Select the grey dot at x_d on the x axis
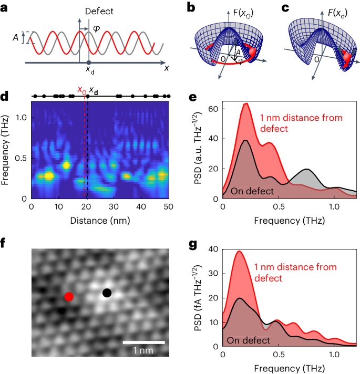coord(88,63)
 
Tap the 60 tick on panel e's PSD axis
coord(214,109)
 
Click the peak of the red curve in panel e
coord(245,103)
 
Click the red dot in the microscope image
coord(69,297)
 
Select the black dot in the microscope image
coord(107,293)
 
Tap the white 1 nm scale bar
coord(144,343)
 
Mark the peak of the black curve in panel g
coord(240,298)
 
